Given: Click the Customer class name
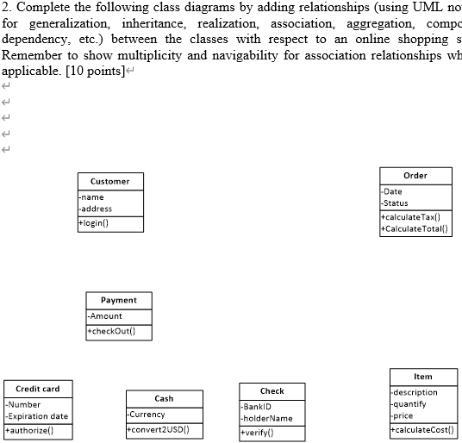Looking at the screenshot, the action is pos(110,181).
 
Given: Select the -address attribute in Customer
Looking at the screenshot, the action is pos(97,209).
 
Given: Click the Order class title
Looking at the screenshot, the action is pos(415,175).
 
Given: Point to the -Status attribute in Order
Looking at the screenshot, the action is pos(396,203).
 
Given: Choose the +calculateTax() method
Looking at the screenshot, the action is pos(411,217).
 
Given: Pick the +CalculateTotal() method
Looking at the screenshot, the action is pos(415,228).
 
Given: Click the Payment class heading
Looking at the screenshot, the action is pos(119,300).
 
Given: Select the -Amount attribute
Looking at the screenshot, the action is pos(105,316).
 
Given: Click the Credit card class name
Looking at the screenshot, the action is pos(37,389).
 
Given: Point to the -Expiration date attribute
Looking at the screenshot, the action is pos(37,416).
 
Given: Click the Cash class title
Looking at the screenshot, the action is pos(164,398).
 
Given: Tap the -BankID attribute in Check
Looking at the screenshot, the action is pos(257,406).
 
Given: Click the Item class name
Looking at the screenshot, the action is pos(423,377).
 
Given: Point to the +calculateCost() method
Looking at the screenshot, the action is pos(422,429).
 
